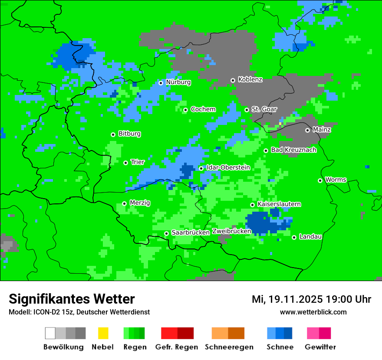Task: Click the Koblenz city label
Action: tap(250, 79)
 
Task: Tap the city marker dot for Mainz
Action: tap(307, 130)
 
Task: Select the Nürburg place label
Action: tap(178, 82)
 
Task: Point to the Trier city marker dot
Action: tap(125, 163)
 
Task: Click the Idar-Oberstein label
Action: tap(228, 167)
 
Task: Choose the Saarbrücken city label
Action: tap(191, 232)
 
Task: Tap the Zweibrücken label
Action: tap(231, 231)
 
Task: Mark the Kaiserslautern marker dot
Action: tap(252, 205)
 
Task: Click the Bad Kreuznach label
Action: tap(293, 150)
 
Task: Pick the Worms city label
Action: tap(336, 180)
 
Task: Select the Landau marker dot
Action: tap(294, 237)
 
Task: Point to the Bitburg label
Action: tap(129, 134)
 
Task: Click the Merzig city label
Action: tap(140, 203)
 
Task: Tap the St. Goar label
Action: tap(264, 109)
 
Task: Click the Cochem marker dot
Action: tap(185, 110)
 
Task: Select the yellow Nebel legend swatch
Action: tap(103, 333)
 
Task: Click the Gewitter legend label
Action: tap(320, 347)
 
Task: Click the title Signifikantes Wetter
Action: tap(72, 299)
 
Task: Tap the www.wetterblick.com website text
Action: tap(313, 312)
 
